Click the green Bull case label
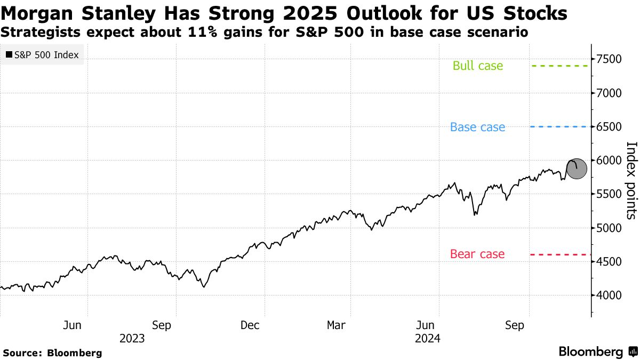477,66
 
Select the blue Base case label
477,127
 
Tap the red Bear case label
477,254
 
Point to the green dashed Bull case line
559,66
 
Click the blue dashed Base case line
559,127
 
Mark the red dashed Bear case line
559,254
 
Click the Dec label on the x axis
250,325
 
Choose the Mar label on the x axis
336,325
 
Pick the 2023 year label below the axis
132,339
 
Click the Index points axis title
631,180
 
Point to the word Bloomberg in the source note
74,353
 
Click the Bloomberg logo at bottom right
597,352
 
